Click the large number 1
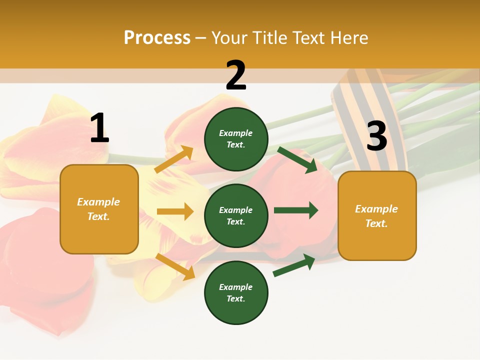(x=99, y=128)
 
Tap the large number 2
(x=236, y=75)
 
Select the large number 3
(x=376, y=136)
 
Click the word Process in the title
(x=157, y=37)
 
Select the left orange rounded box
(x=99, y=209)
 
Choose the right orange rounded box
(x=377, y=215)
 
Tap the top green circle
(x=236, y=139)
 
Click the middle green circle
(x=236, y=215)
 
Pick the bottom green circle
(x=236, y=292)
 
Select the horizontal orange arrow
(x=175, y=211)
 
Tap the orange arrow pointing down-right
(x=175, y=266)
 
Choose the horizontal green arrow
(x=296, y=210)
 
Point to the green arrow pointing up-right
(x=294, y=265)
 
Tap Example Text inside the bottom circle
(x=236, y=292)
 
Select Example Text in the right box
(x=377, y=215)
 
